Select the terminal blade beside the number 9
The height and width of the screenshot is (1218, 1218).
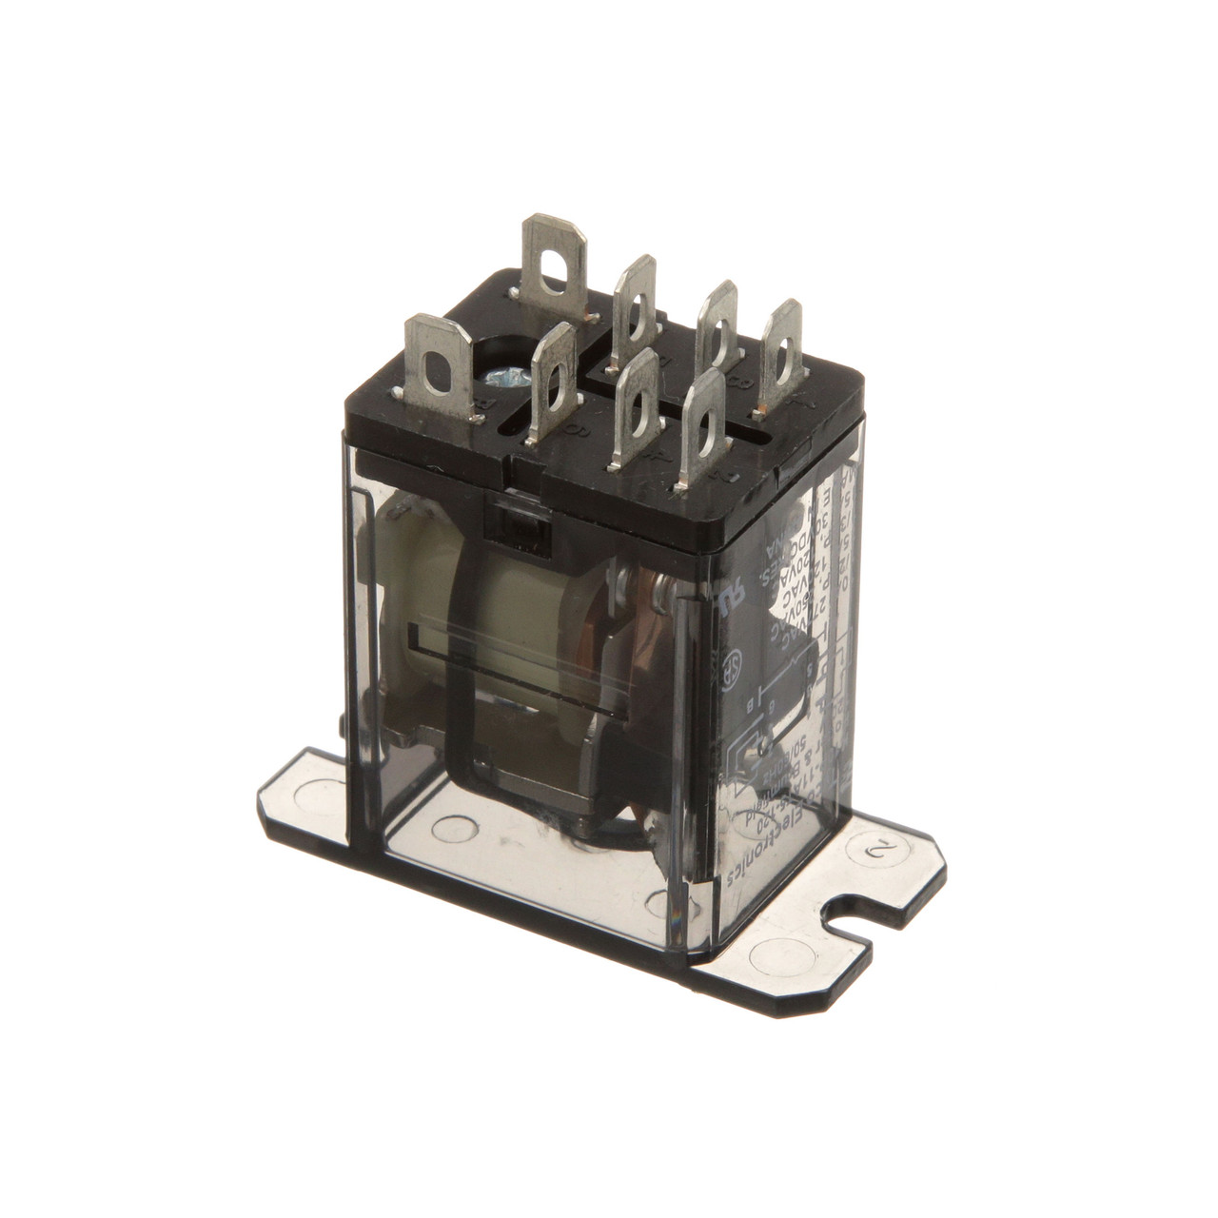(552, 381)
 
